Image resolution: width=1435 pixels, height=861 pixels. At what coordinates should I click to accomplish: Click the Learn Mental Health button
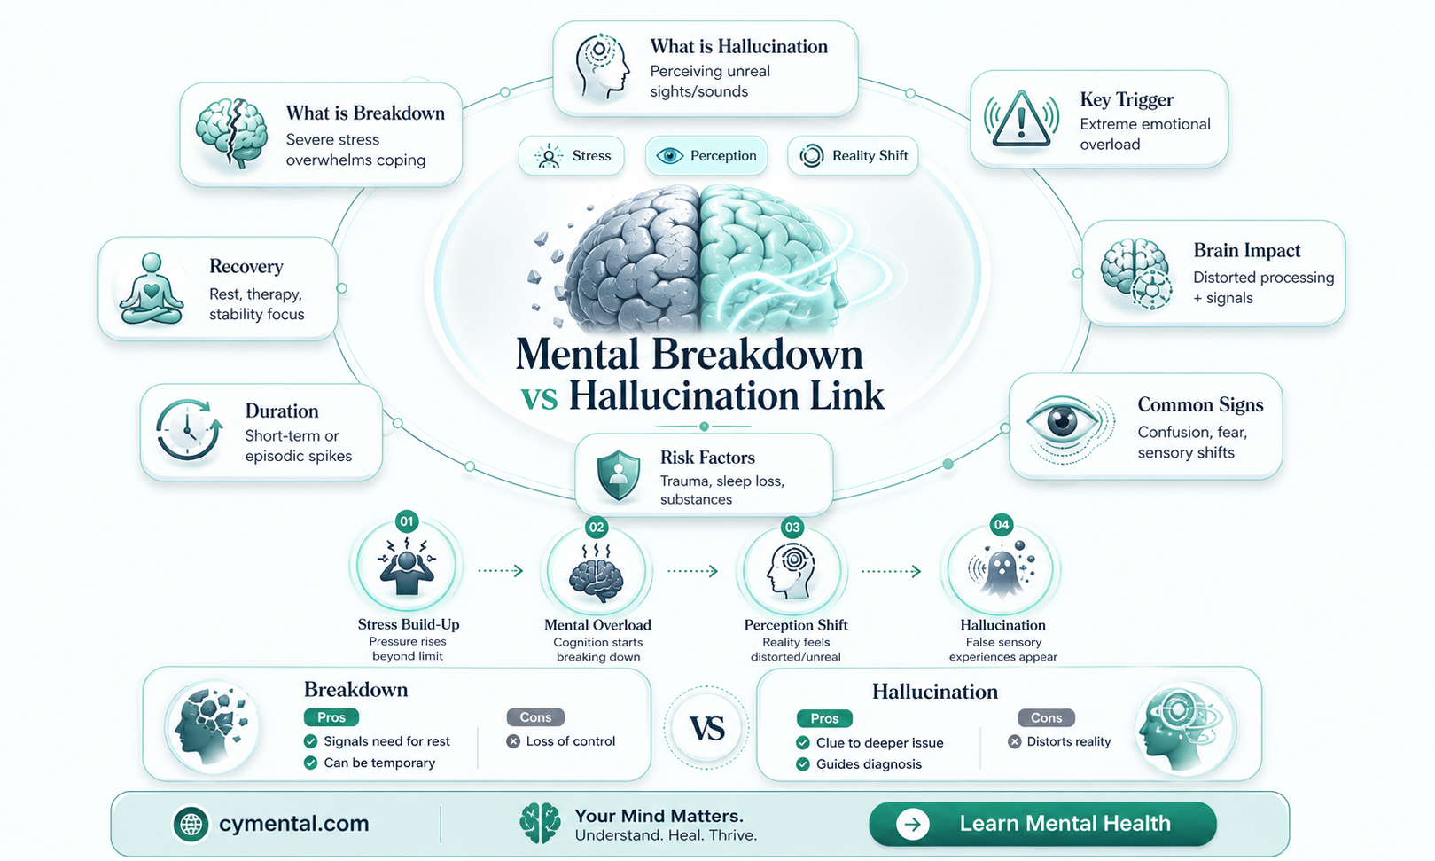pos(1042,824)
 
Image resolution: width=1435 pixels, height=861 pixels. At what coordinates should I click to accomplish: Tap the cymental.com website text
pos(294,823)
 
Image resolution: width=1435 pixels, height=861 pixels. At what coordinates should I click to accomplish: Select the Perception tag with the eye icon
pos(706,156)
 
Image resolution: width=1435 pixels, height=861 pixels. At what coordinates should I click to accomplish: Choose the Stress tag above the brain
pos(571,156)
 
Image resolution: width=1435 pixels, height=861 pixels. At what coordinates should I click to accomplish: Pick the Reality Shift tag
pos(853,156)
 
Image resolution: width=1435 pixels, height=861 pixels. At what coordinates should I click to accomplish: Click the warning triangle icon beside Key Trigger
pos(1021,119)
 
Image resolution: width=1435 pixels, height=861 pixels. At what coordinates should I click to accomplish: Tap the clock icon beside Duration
pos(188,430)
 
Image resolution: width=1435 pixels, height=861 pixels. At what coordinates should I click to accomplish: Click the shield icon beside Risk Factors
pos(618,475)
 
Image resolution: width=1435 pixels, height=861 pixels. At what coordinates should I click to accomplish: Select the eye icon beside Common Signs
pos(1064,423)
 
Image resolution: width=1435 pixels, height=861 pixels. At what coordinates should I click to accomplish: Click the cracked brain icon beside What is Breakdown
pos(232,133)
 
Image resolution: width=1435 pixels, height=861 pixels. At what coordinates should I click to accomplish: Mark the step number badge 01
pos(407,521)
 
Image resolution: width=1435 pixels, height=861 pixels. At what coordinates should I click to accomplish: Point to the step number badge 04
pos(1002,525)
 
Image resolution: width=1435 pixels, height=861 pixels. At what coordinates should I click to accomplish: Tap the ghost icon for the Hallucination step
pos(1001,570)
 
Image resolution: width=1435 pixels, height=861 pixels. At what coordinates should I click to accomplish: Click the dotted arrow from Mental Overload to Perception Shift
pos(692,571)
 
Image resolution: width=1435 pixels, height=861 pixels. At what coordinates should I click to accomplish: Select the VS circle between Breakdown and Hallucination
pos(706,728)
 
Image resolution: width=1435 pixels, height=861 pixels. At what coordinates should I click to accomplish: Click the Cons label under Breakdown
pos(535,717)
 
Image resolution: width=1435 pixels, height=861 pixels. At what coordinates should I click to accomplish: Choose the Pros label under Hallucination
pos(824,718)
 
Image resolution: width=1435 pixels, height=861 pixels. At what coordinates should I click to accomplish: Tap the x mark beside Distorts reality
pos(1014,742)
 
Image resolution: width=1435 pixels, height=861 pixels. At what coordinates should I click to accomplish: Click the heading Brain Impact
pos(1247,250)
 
